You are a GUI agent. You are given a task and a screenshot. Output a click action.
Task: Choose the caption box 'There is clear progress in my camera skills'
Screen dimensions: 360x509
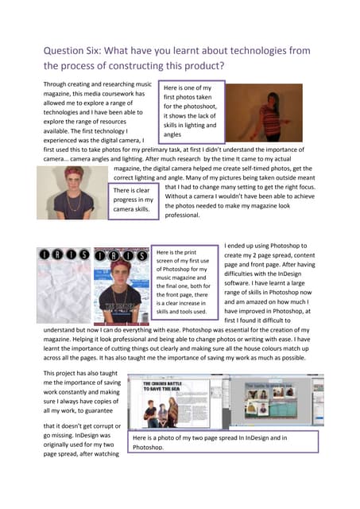tap(133, 200)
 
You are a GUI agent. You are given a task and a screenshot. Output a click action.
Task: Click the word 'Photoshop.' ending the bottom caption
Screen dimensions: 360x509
tap(150, 448)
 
